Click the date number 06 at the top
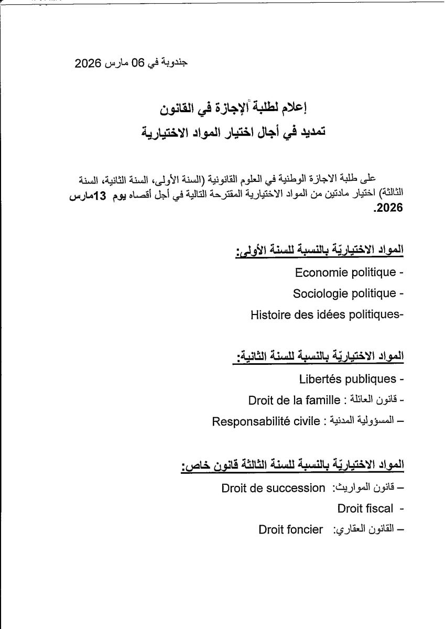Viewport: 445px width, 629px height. [137, 63]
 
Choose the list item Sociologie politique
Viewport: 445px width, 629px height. [344, 294]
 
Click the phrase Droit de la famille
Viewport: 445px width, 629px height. [295, 401]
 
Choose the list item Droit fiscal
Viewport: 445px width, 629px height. [365, 508]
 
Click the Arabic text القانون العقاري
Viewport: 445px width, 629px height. [363, 529]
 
